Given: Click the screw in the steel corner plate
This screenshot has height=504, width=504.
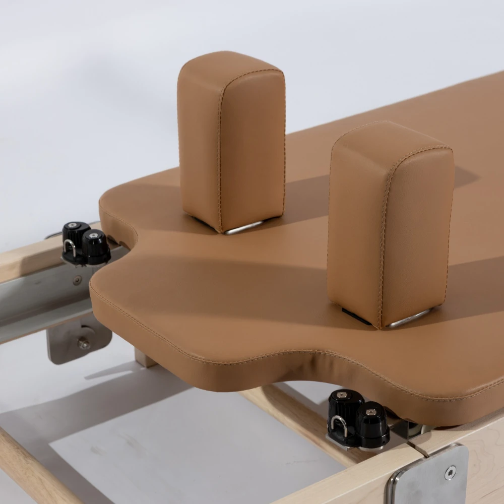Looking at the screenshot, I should tap(450, 472).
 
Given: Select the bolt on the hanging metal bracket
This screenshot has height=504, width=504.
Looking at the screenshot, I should tap(84, 344).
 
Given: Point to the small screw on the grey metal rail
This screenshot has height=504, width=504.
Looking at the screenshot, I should tap(77, 280).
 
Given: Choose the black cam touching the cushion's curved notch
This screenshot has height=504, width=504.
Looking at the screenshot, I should tap(96, 246).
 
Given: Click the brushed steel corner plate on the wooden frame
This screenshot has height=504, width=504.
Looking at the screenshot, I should tap(428, 476).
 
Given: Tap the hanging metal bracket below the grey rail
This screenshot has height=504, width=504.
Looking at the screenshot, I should tap(78, 338).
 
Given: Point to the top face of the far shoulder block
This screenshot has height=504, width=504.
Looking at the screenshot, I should tap(229, 63).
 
